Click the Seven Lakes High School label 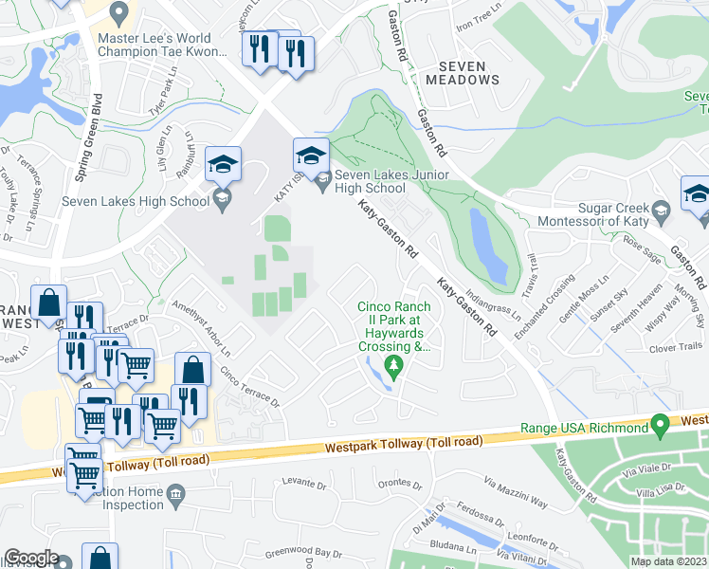pyautogui.click(x=135, y=200)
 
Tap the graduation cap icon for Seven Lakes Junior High pyautogui.click(x=311, y=154)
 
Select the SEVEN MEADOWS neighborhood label pyautogui.click(x=468, y=73)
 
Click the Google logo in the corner pyautogui.click(x=31, y=558)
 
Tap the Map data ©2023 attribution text pyautogui.click(x=668, y=561)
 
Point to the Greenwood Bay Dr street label pyautogui.click(x=302, y=552)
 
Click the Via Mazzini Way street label pyautogui.click(x=517, y=494)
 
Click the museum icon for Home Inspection pyautogui.click(x=175, y=494)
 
